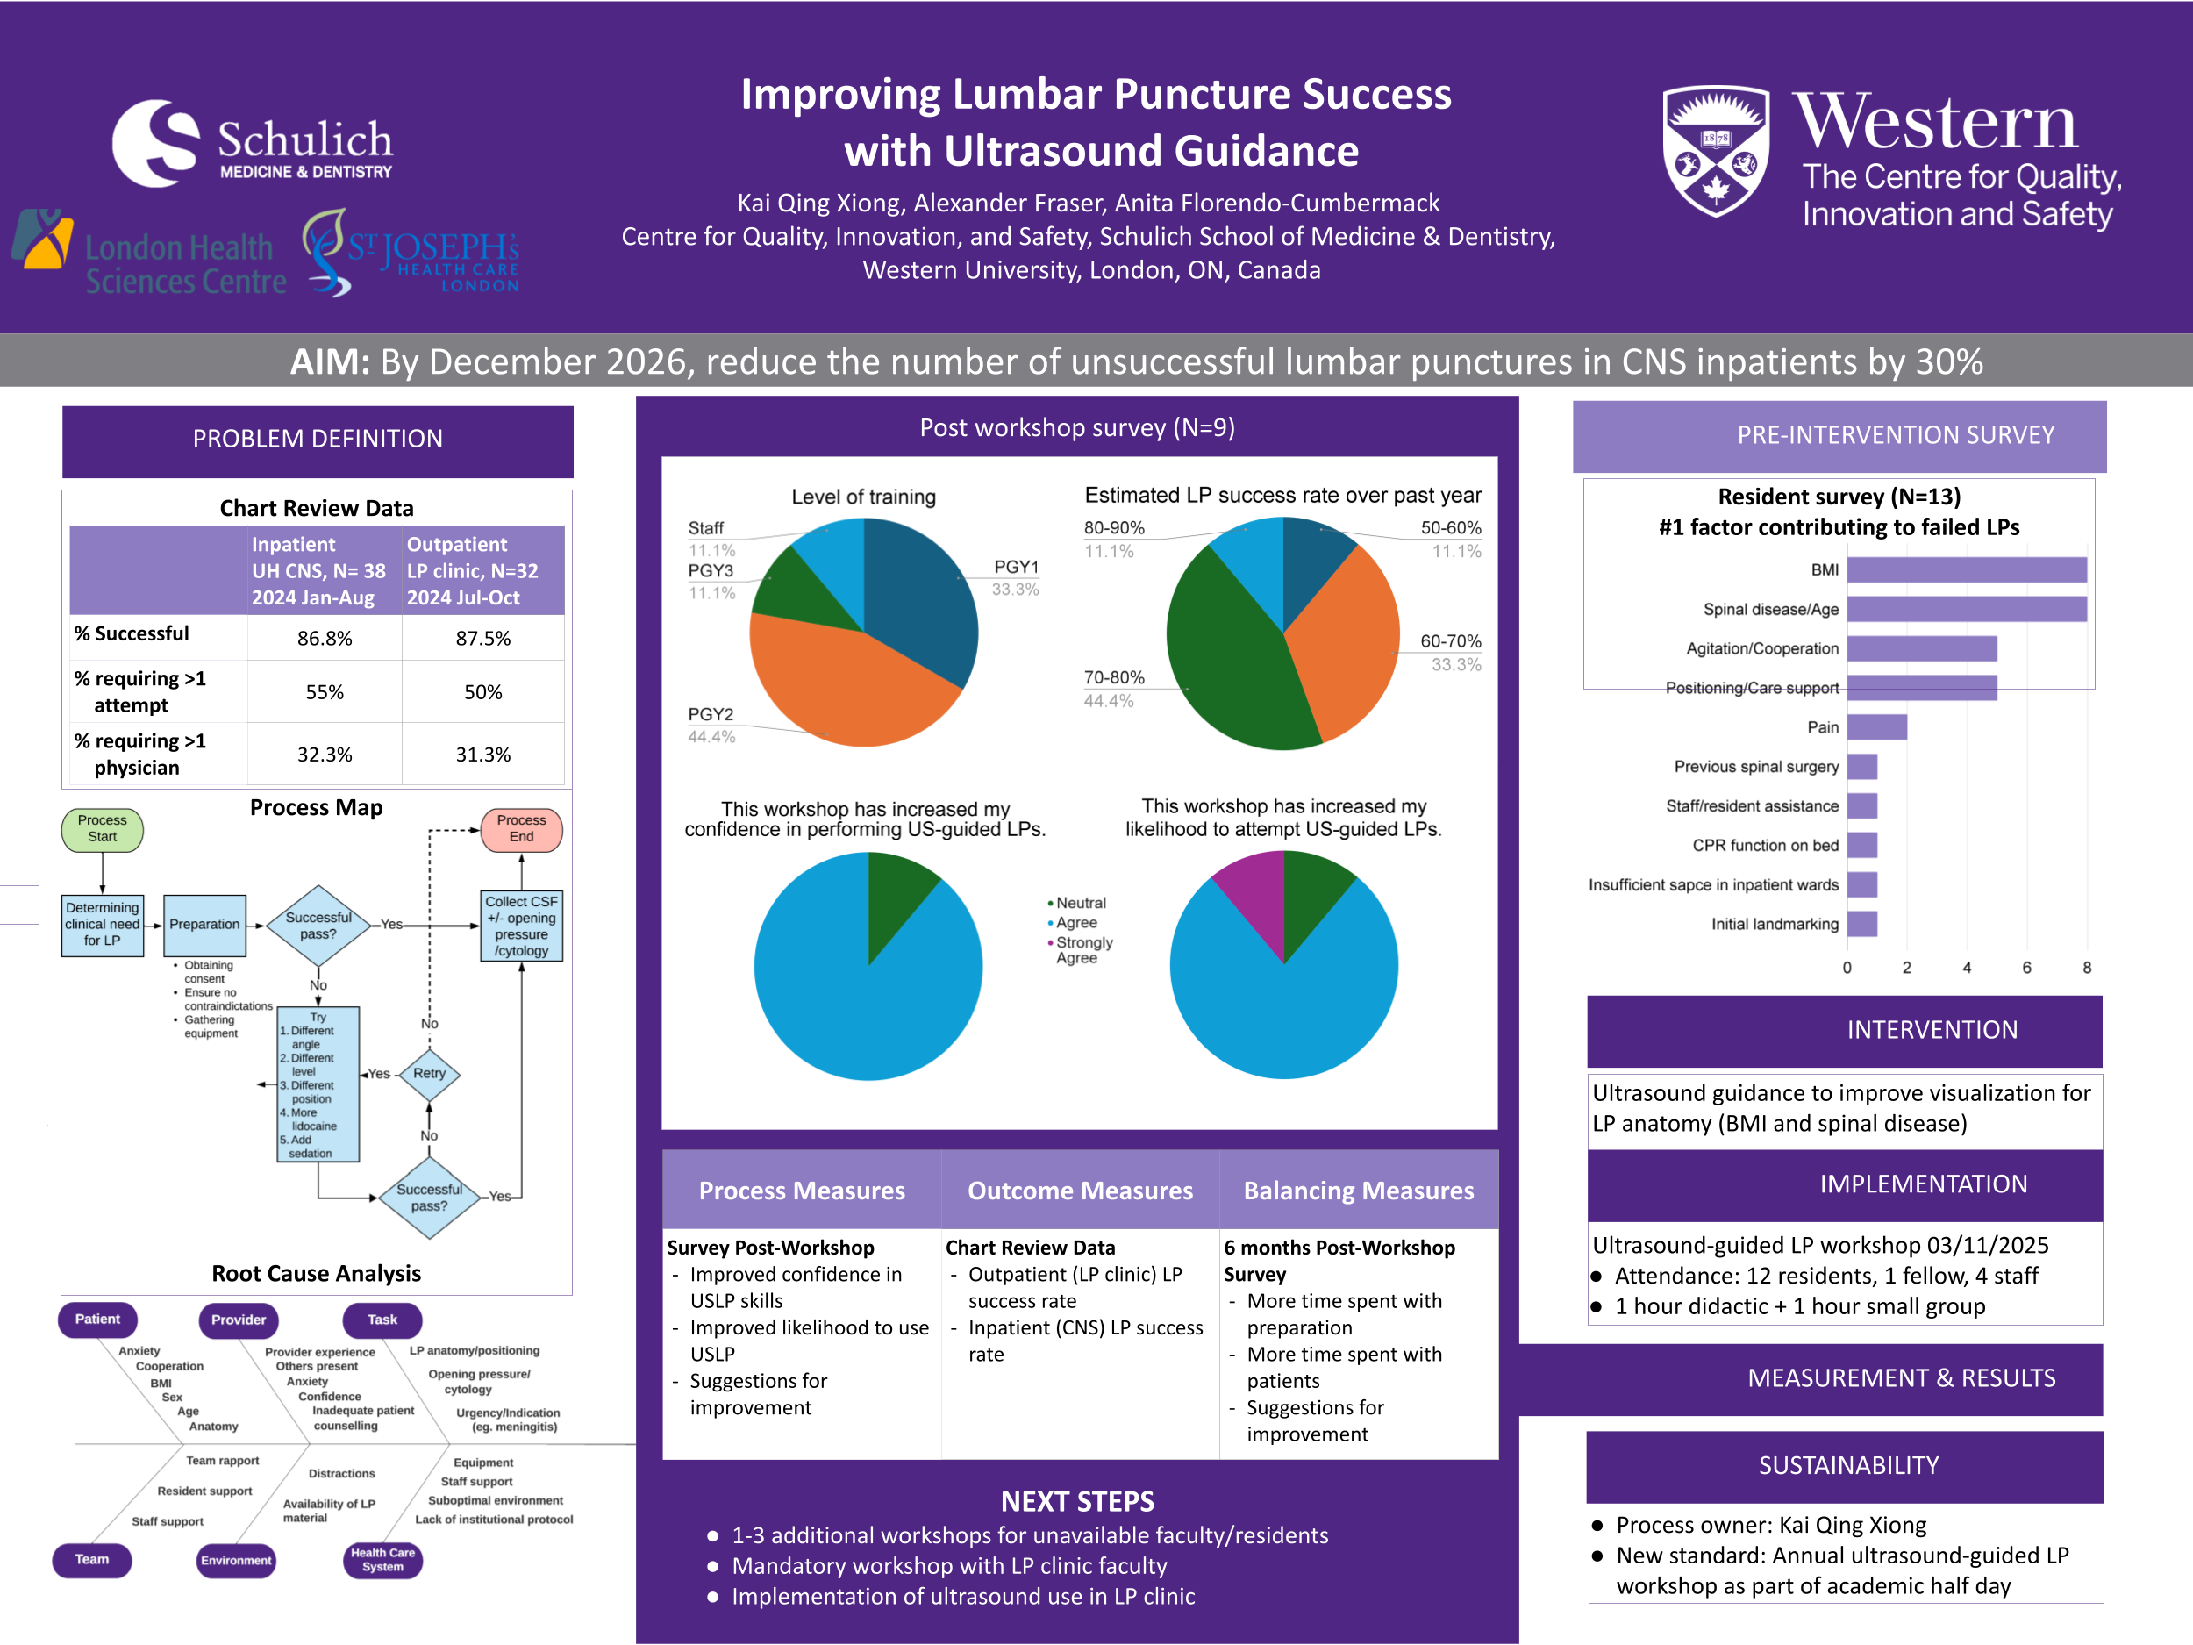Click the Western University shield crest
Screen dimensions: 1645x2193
click(x=1715, y=151)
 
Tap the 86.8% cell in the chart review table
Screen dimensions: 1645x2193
click(x=325, y=639)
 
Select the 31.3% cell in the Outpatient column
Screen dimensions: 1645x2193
click(x=482, y=755)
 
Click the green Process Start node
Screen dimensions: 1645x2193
click(x=102, y=829)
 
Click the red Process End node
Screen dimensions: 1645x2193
click(x=521, y=829)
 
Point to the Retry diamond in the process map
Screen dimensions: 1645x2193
click(x=429, y=1074)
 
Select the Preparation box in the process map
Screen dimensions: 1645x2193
click(x=204, y=924)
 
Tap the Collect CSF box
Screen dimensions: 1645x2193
click(x=521, y=925)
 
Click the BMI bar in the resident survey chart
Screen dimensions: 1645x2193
click(x=1966, y=570)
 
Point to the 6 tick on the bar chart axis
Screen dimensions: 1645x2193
click(x=2026, y=968)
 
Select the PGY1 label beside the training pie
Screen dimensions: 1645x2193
click(x=1016, y=567)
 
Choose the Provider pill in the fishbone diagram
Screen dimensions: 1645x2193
click(x=238, y=1320)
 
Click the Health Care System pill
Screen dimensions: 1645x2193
click(x=382, y=1560)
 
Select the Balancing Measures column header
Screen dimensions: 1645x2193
click(x=1358, y=1191)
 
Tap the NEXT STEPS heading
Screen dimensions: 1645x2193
click(x=1078, y=1501)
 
